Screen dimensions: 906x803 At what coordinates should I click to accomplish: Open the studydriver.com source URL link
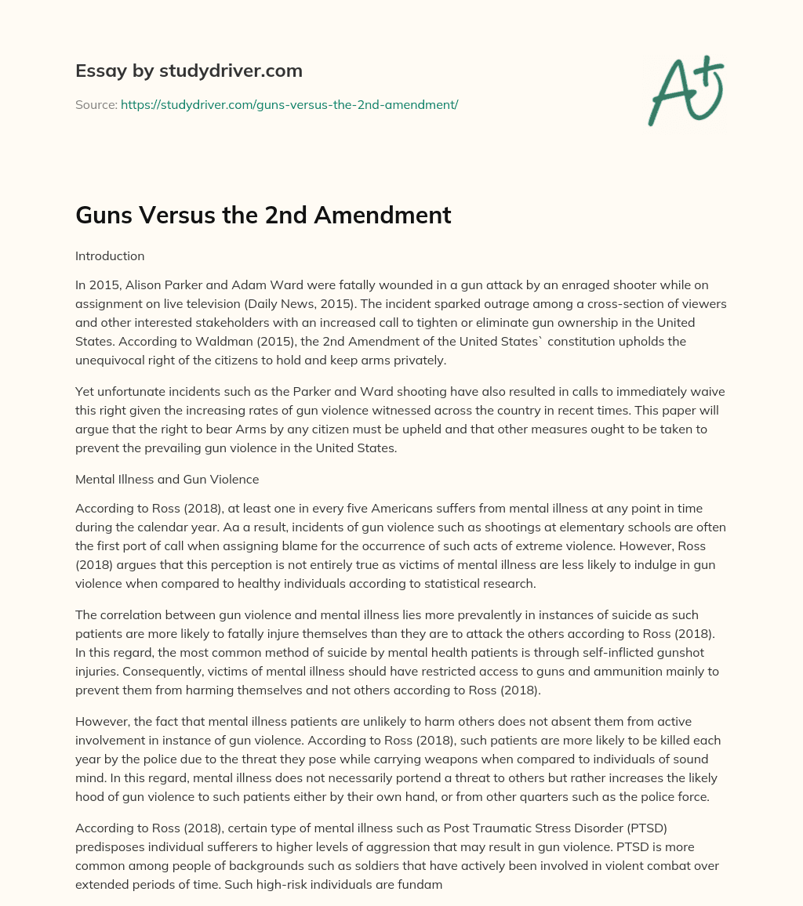coord(289,104)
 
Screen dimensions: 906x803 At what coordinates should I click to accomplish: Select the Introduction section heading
coord(110,255)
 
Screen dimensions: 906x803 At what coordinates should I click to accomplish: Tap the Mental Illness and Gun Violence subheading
coord(167,478)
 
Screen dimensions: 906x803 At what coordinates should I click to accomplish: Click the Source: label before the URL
coord(96,104)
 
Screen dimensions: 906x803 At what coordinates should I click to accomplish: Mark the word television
coord(212,304)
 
